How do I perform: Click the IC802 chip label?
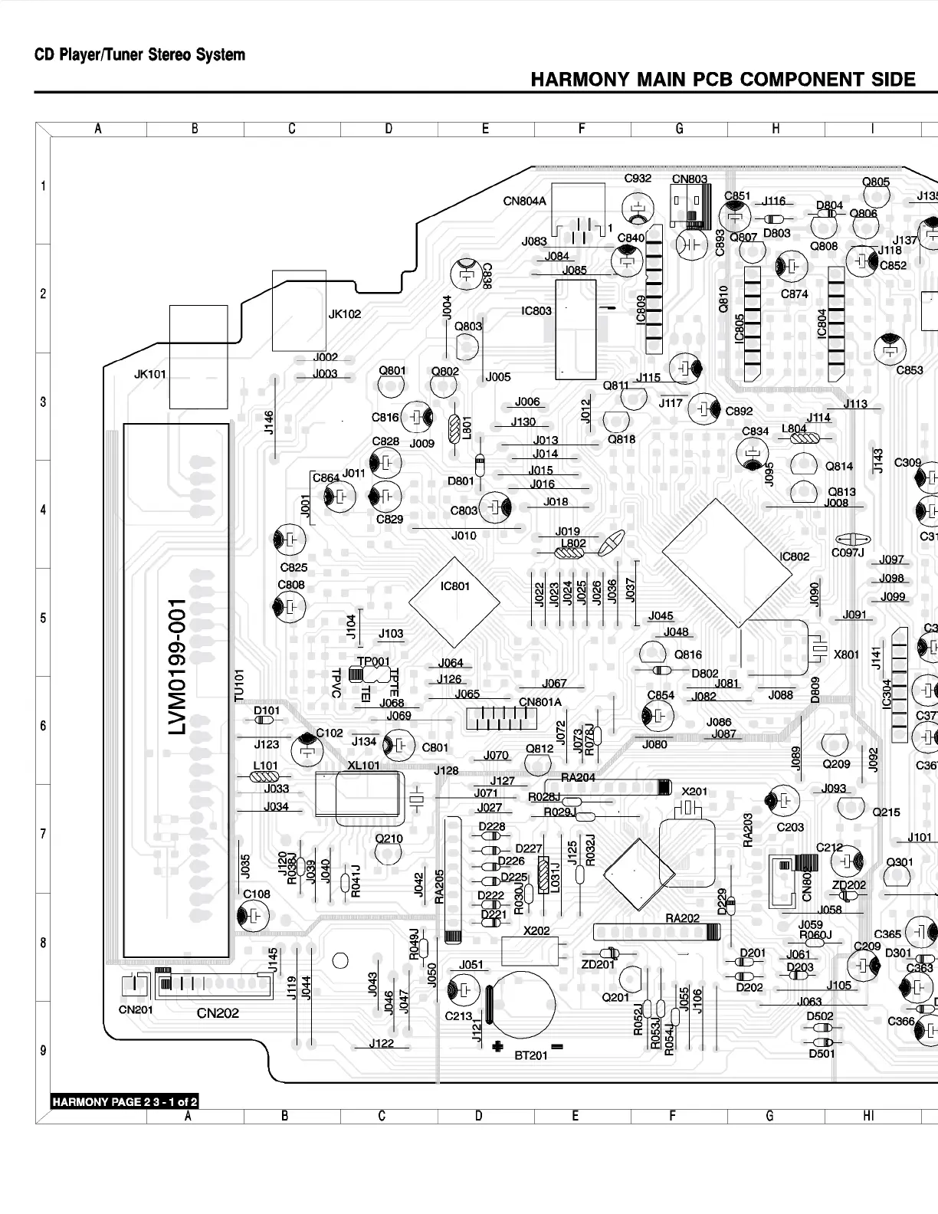[795, 556]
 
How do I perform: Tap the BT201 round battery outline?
[523, 1005]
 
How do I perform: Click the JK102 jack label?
[344, 313]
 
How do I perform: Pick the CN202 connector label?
[218, 1013]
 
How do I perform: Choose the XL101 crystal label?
[363, 765]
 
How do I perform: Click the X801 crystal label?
[846, 654]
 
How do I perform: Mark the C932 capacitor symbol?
[637, 208]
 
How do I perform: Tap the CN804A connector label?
[524, 201]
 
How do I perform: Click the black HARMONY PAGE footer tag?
[125, 1102]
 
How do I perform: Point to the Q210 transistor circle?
[389, 855]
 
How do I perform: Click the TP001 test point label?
[373, 661]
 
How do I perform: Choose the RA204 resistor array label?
[578, 777]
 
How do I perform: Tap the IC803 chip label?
[536, 310]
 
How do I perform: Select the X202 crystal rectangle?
[532, 951]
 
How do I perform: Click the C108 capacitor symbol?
[253, 915]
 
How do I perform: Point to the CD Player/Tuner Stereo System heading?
[139, 55]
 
